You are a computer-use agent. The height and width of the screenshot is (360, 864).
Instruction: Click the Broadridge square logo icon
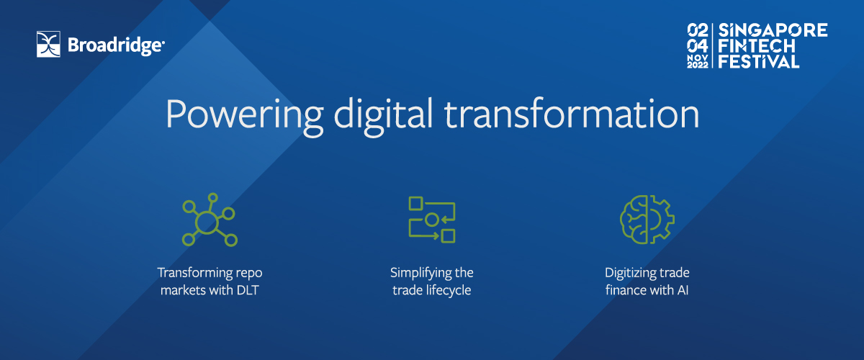pyautogui.click(x=48, y=44)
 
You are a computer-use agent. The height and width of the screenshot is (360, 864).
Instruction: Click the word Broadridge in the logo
pyautogui.click(x=116, y=46)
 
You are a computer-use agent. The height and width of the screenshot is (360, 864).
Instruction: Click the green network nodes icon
pyautogui.click(x=210, y=220)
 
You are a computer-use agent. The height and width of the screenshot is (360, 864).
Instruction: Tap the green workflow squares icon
pyautogui.click(x=432, y=220)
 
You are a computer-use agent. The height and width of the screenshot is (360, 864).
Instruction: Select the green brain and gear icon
pyautogui.click(x=647, y=220)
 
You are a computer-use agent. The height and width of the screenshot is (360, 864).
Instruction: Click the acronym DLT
pyautogui.click(x=247, y=289)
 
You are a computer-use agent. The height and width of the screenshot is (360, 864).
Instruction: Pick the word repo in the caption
pyautogui.click(x=249, y=274)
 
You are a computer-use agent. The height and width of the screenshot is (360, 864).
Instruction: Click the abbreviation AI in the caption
pyautogui.click(x=683, y=289)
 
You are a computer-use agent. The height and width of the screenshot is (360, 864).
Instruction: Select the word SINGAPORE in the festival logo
pyautogui.click(x=773, y=30)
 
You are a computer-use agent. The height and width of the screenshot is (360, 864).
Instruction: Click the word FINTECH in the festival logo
pyautogui.click(x=757, y=46)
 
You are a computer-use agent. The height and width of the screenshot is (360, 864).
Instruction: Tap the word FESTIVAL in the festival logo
pyautogui.click(x=758, y=61)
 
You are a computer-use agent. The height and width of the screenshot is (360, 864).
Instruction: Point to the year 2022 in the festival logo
pyautogui.click(x=698, y=66)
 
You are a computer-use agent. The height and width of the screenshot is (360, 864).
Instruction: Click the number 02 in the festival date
pyautogui.click(x=698, y=30)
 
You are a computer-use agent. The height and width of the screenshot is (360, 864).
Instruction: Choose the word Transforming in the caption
pyautogui.click(x=194, y=273)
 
